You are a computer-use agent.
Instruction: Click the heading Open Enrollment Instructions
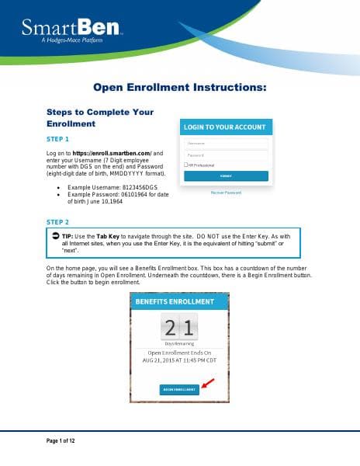(x=179, y=89)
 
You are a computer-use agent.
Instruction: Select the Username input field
(x=226, y=144)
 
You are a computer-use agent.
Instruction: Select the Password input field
(x=226, y=155)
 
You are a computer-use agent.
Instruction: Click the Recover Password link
(x=226, y=192)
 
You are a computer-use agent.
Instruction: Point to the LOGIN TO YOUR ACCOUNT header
(x=226, y=127)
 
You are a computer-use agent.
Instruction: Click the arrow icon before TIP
(x=55, y=235)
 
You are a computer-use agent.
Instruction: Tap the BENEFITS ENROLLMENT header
(x=179, y=301)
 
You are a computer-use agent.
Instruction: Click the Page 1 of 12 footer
(x=58, y=440)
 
